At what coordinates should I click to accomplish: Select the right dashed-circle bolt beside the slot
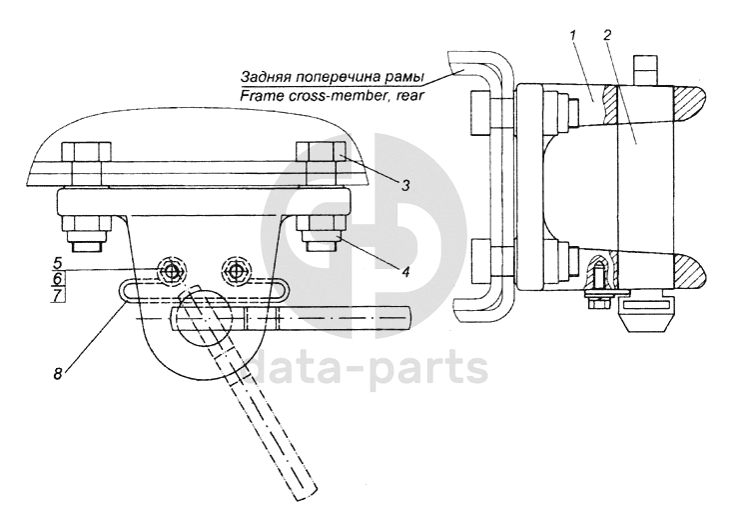pyautogui.click(x=237, y=270)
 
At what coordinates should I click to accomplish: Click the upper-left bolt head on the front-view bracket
pyautogui.click(x=82, y=157)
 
